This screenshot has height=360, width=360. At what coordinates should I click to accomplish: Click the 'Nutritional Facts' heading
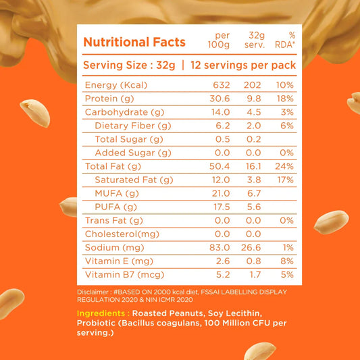[x=134, y=43]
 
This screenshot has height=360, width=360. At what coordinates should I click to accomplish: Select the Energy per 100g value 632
[x=222, y=84]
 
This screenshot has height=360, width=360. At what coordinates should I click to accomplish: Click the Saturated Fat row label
[x=134, y=180]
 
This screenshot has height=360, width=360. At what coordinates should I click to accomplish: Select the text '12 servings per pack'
[x=242, y=66]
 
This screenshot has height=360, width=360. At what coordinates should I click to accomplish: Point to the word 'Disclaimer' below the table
[x=92, y=292]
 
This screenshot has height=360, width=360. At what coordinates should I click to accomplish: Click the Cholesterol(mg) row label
[x=122, y=234]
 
